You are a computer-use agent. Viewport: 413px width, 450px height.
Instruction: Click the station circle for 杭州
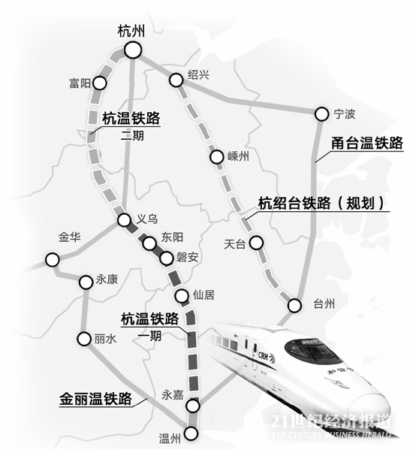(134, 50)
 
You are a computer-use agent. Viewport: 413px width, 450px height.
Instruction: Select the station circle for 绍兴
(176, 78)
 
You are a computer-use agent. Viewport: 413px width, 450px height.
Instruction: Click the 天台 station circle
(256, 243)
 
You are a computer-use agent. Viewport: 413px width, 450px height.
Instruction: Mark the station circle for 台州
(294, 305)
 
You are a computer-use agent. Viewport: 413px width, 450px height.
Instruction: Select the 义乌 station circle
(125, 220)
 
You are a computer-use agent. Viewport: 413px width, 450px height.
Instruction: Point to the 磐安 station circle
(166, 259)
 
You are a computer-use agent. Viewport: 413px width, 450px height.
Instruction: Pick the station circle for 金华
(52, 260)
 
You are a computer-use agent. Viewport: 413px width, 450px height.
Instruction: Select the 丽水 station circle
(83, 339)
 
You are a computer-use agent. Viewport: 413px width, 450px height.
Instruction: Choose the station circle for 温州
(193, 433)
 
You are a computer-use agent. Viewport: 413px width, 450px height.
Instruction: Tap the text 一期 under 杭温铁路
(149, 336)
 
